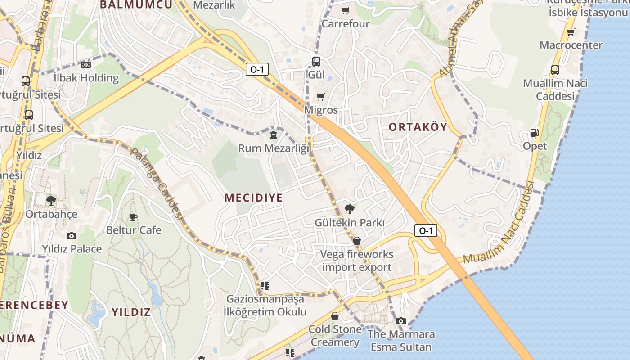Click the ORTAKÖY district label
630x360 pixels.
418,127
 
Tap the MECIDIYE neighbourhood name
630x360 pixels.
253,198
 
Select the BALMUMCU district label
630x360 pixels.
136,5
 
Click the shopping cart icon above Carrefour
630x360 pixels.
345,11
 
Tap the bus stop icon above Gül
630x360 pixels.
316,61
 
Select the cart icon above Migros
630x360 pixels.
321,97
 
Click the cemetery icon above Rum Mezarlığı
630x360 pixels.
273,135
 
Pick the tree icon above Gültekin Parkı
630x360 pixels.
349,209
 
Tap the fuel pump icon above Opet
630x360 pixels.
535,133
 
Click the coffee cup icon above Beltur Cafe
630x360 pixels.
134,217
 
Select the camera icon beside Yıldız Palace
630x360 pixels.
72,236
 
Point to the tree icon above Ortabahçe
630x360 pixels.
51,200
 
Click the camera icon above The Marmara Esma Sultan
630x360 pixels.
401,321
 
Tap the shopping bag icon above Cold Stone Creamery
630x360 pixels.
334,316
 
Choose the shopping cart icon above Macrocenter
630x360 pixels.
571,32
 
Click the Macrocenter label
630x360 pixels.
571,45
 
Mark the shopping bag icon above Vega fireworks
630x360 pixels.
357,241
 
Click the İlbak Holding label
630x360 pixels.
86,78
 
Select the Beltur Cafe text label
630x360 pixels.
134,230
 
